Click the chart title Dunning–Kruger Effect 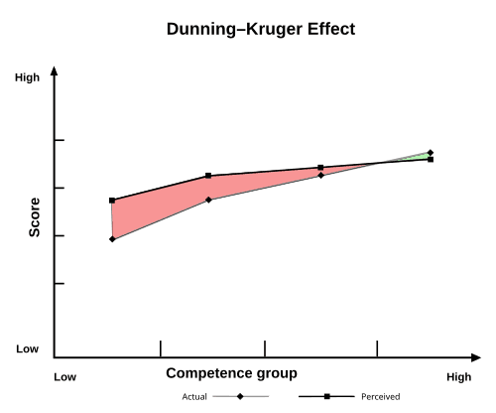coord(261,30)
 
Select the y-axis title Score coord(35,220)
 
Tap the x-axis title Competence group coord(231,373)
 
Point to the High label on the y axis coord(27,77)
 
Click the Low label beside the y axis coord(27,349)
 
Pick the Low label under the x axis coord(64,377)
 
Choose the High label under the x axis coord(458,377)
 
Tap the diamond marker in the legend coord(241,396)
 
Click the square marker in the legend coord(327,396)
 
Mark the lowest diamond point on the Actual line coord(112,239)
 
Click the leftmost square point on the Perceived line coord(112,201)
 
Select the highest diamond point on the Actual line coord(431,153)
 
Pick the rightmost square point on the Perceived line coord(431,159)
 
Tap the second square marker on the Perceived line coord(208,176)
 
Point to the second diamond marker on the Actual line coord(208,201)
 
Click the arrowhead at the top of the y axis coord(54,71)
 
